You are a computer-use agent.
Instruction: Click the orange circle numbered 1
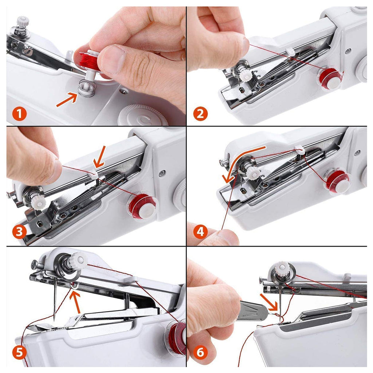(x=20, y=114)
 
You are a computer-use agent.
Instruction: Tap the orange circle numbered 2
(x=200, y=114)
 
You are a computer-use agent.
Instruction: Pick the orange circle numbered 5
(x=20, y=352)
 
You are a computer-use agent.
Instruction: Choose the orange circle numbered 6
(x=200, y=352)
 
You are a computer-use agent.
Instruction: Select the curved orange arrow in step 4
(x=240, y=160)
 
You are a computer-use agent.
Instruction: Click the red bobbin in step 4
(x=338, y=181)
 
